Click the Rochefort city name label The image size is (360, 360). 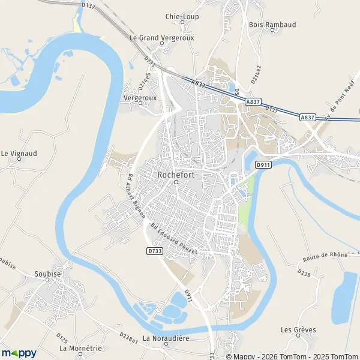click(176, 174)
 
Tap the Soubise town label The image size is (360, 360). click(48, 274)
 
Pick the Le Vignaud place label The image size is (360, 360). click(19, 153)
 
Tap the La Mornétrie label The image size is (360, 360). click(81, 348)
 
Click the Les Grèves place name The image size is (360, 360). click(298, 329)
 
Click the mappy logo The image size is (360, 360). click(19, 353)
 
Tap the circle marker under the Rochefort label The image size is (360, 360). click(176, 182)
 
